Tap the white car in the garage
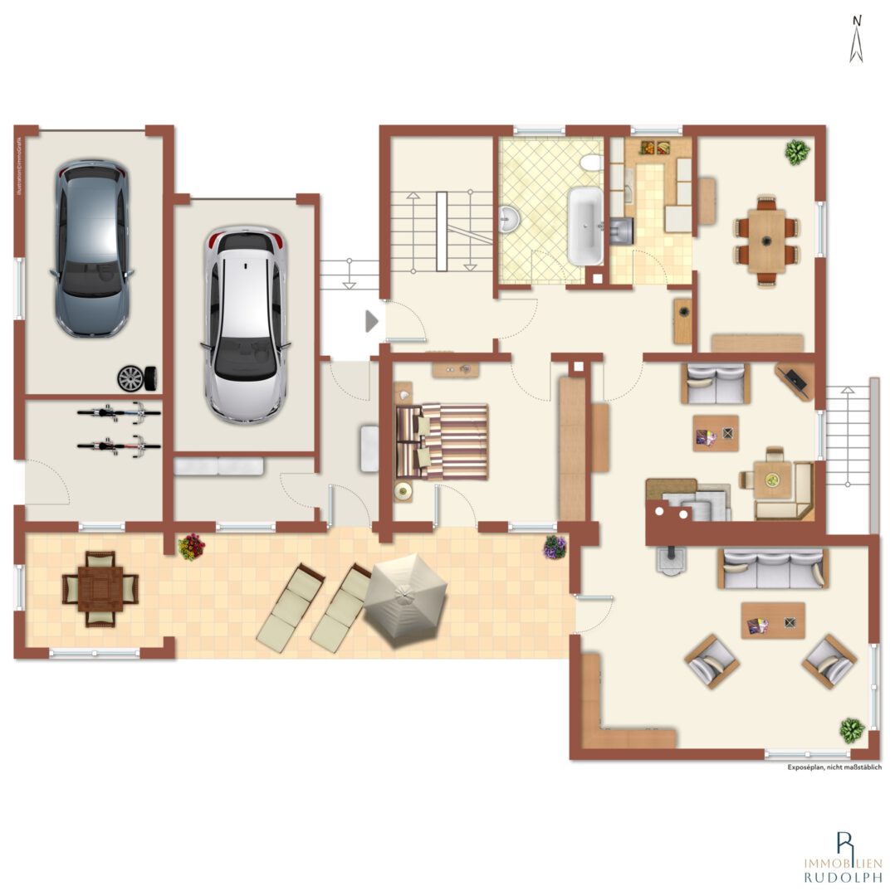[x=245, y=324]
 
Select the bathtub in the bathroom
[x=585, y=225]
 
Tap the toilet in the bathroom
[x=592, y=162]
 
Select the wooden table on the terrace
[x=100, y=588]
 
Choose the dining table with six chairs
[x=766, y=240]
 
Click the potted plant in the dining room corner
[x=797, y=152]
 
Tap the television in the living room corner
[x=796, y=381]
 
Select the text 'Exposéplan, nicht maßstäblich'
[x=834, y=767]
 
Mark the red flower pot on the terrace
[x=192, y=546]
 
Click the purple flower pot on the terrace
[x=555, y=547]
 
